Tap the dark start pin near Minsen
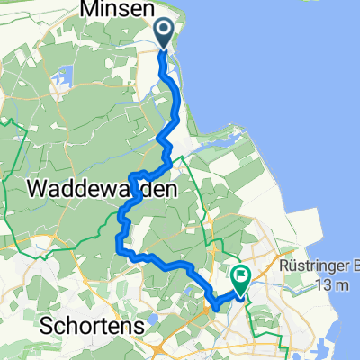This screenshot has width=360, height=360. pos(165,34)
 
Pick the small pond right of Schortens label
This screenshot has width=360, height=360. pos(154,318)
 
